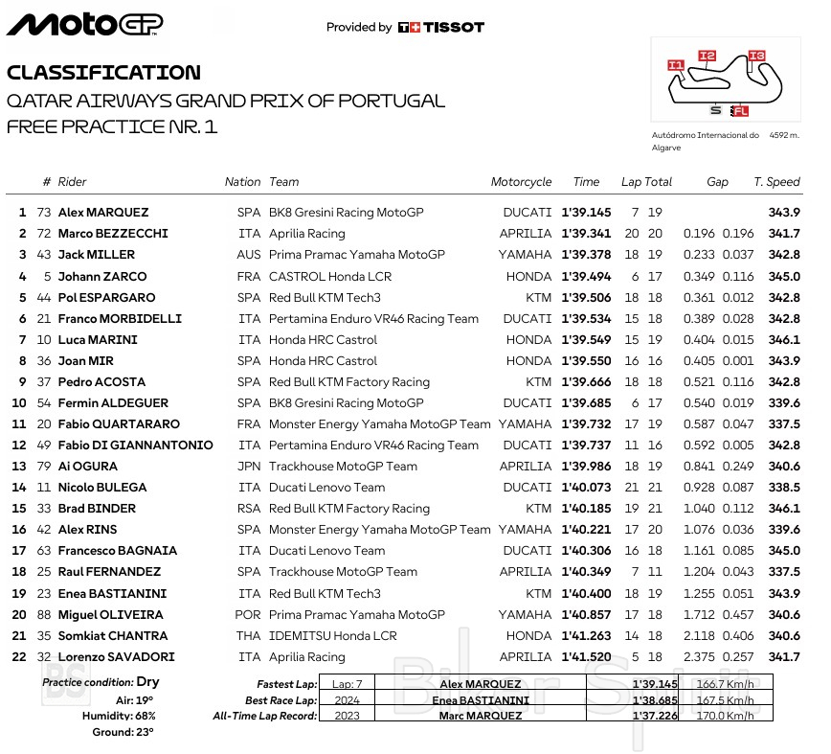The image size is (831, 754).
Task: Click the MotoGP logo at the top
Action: (x=85, y=24)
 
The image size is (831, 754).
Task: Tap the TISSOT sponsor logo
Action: (x=441, y=28)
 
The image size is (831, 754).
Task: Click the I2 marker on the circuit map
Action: (x=707, y=56)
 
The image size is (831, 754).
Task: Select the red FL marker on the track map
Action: (x=740, y=111)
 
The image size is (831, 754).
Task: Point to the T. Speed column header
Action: (x=776, y=182)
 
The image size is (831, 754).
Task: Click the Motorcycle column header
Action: (x=521, y=182)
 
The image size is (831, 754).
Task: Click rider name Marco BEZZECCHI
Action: (x=113, y=234)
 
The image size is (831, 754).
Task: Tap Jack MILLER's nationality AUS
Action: (x=248, y=255)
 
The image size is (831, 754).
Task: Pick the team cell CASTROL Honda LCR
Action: (x=329, y=276)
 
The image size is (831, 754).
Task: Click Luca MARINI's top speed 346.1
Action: (x=783, y=340)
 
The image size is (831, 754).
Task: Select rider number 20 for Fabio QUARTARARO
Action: (x=44, y=424)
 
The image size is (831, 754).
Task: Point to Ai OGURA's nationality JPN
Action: (x=248, y=467)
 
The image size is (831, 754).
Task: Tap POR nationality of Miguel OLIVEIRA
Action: (x=247, y=615)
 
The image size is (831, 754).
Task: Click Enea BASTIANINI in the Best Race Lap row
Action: (x=480, y=699)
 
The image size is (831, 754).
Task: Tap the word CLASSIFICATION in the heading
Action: (x=103, y=73)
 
